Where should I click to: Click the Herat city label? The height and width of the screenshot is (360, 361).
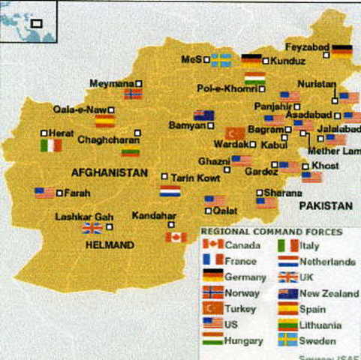pyautogui.click(x=62, y=133)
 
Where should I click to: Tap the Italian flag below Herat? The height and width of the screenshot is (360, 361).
pyautogui.click(x=51, y=145)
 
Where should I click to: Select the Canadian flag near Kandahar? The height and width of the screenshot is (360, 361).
pyautogui.click(x=176, y=237)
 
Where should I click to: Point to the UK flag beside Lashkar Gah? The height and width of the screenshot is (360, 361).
pyautogui.click(x=92, y=228)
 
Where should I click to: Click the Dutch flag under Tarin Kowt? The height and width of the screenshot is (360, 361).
pyautogui.click(x=170, y=191)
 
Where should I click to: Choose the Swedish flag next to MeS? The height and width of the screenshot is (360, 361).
pyautogui.click(x=221, y=59)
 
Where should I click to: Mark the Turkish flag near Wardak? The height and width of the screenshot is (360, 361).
pyautogui.click(x=236, y=133)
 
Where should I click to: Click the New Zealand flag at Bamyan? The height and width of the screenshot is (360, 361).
pyautogui.click(x=203, y=115)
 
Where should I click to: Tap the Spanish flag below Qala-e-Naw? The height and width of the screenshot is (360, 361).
pyautogui.click(x=105, y=121)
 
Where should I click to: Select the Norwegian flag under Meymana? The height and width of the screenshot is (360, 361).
pyautogui.click(x=133, y=94)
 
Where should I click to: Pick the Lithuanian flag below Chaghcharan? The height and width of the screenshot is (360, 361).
pyautogui.click(x=131, y=152)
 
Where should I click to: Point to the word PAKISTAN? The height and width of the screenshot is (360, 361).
pyautogui.click(x=326, y=205)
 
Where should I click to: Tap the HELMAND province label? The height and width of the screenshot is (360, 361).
pyautogui.click(x=110, y=245)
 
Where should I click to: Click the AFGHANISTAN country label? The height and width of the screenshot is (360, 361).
pyautogui.click(x=110, y=172)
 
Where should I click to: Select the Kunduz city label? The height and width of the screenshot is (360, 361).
pyautogui.click(x=287, y=61)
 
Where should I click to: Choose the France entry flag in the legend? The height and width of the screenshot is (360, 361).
pyautogui.click(x=212, y=260)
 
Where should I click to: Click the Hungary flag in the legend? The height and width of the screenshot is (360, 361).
pyautogui.click(x=212, y=340)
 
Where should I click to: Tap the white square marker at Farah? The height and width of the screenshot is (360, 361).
pyautogui.click(x=59, y=193)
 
